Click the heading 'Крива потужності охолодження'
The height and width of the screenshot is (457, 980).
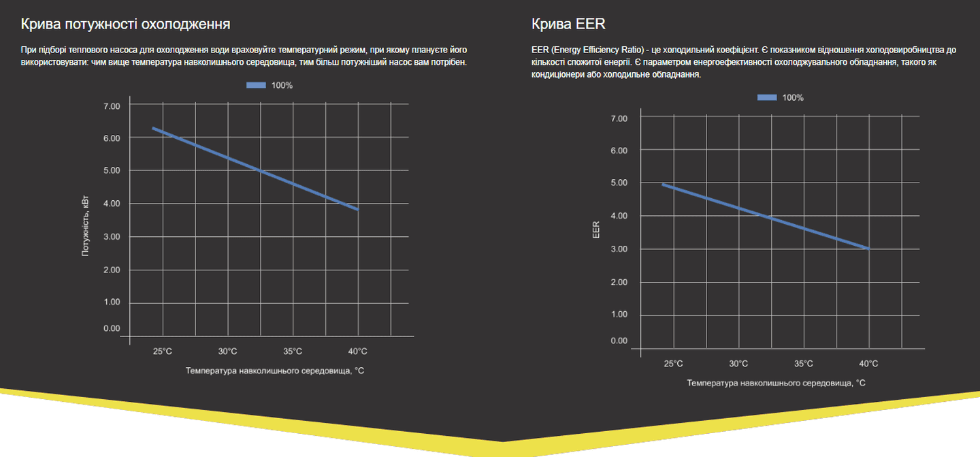(126, 25)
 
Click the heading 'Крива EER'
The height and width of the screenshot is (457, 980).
(568, 25)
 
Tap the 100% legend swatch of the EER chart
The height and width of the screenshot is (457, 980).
(767, 97)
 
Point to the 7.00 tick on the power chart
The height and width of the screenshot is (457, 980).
(111, 106)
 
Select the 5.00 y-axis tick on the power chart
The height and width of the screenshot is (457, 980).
(111, 170)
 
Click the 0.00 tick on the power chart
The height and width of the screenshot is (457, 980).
(111, 328)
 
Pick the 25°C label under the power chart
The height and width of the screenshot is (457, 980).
(162, 351)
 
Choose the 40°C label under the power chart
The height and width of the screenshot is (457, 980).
(357, 351)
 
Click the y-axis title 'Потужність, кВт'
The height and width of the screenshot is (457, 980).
(86, 225)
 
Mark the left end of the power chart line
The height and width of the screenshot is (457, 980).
(153, 128)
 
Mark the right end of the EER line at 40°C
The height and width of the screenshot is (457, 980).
(868, 249)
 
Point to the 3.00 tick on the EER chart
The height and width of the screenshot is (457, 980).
(619, 249)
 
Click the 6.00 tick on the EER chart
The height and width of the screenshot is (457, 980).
(619, 150)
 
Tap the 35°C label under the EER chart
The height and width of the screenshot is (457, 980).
(803, 364)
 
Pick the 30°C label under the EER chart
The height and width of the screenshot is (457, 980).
(738, 364)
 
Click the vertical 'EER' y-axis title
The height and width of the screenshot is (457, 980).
(596, 229)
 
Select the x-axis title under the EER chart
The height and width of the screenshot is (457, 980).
(776, 383)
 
